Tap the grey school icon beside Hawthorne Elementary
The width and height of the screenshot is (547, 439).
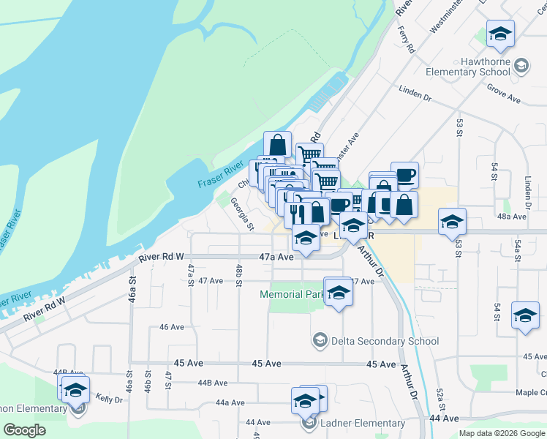coord(521,66)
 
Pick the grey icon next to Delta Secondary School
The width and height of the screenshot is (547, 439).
coord(320,340)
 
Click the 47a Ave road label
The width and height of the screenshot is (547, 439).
coord(276,257)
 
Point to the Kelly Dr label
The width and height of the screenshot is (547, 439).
coord(108,399)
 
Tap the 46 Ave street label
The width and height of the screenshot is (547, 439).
coord(172,327)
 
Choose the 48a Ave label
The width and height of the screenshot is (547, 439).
coord(511,217)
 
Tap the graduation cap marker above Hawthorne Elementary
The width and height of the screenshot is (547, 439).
coord(500,34)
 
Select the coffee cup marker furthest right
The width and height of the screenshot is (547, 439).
coord(404,175)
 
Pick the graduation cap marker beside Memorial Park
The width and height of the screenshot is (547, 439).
coord(338,292)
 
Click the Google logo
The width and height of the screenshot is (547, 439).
coord(24,429)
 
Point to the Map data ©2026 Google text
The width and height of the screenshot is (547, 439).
coord(502,433)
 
